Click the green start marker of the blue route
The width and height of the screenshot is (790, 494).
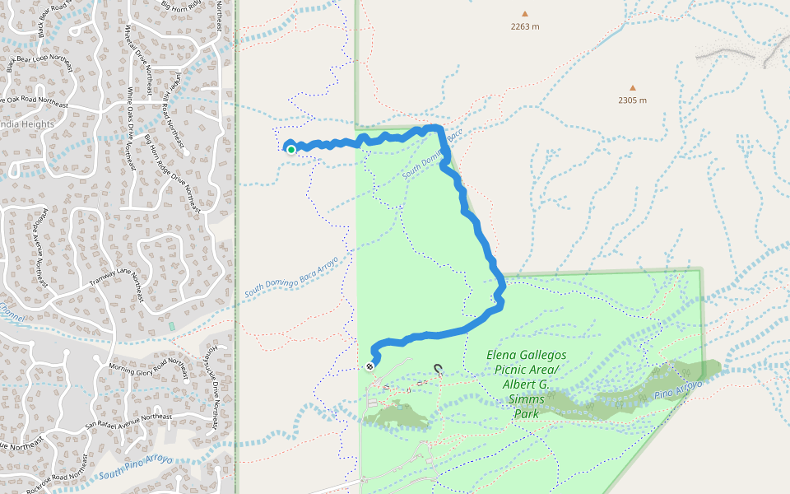pyautogui.click(x=290, y=149)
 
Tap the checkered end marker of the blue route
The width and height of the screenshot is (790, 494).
pyautogui.click(x=369, y=366)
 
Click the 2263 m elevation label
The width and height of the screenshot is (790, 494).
pyautogui.click(x=524, y=26)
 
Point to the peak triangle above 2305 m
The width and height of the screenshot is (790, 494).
pyautogui.click(x=633, y=87)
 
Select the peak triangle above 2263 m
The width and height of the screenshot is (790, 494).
pyautogui.click(x=524, y=13)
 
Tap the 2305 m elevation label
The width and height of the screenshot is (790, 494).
pyautogui.click(x=632, y=100)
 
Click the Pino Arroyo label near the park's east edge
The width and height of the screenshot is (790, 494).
pyautogui.click(x=679, y=390)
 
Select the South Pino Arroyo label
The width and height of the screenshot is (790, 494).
pyautogui.click(x=136, y=466)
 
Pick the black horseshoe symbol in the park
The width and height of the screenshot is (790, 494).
pyautogui.click(x=438, y=370)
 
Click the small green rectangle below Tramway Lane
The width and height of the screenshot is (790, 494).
pyautogui.click(x=172, y=327)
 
